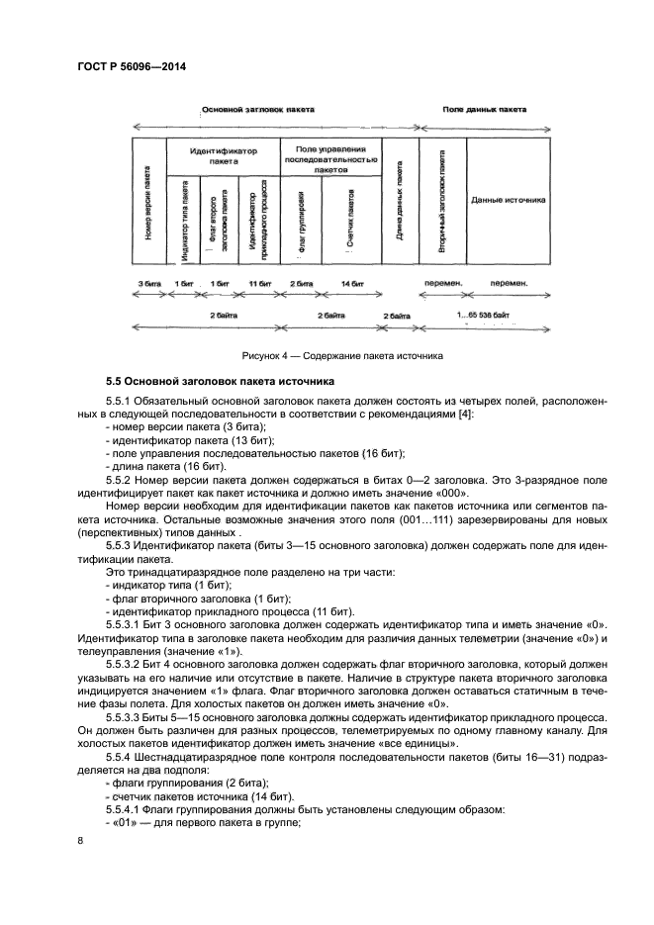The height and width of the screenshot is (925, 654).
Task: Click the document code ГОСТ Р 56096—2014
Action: [131, 66]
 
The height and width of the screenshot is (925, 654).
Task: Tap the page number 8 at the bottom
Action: [80, 840]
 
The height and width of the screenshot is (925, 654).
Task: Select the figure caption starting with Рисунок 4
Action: [342, 354]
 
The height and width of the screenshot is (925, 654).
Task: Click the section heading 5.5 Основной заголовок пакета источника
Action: [221, 380]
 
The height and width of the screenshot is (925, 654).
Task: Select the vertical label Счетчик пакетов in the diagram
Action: [349, 219]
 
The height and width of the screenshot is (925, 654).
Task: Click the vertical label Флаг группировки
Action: [301, 219]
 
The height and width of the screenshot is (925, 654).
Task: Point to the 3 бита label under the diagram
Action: [148, 283]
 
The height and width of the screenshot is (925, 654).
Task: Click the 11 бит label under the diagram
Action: [259, 283]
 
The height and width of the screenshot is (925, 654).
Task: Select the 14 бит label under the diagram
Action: [351, 283]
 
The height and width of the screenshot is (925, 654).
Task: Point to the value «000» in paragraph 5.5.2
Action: [448, 493]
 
